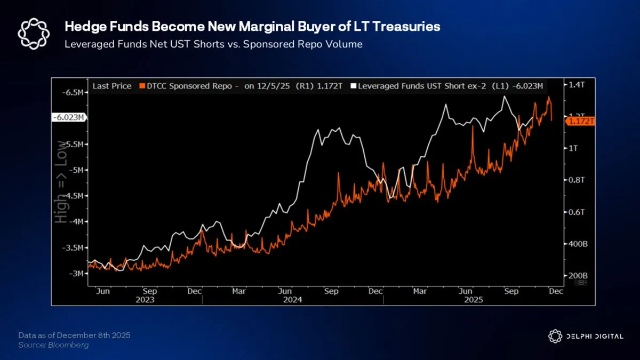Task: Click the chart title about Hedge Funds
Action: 252,27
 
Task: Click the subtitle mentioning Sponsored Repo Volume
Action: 213,44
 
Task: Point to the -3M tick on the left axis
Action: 76,274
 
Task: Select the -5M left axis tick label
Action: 76,170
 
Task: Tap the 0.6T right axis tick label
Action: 577,212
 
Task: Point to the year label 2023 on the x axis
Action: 145,300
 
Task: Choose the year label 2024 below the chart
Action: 293,300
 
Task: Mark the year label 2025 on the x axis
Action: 473,300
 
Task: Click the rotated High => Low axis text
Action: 63,181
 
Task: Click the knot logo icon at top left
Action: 34,34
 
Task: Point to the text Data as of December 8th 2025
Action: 74,335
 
